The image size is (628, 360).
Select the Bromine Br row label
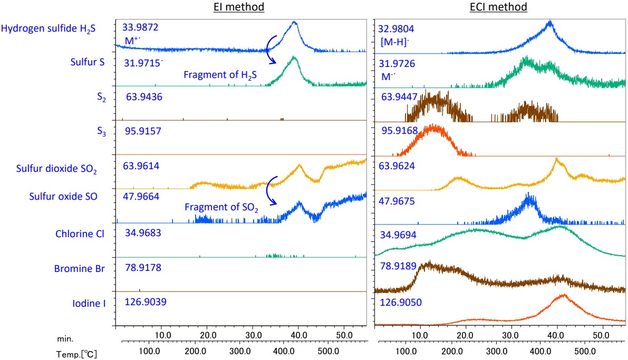pos(80,269)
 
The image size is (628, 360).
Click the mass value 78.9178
pos(142,268)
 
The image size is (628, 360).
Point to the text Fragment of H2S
pos(220,75)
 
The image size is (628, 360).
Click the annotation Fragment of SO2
pos(221,207)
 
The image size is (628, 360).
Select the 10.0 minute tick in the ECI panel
pos(420,335)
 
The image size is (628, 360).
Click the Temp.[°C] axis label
pos(76,354)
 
